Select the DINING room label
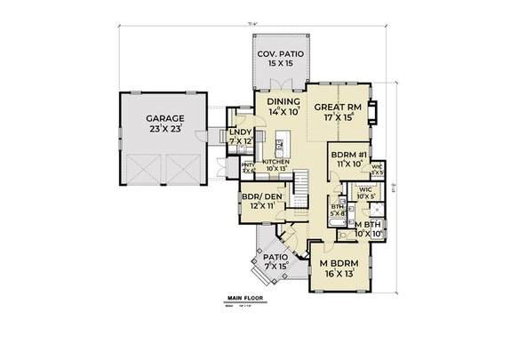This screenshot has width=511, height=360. (285, 102)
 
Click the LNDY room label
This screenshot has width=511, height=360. (241, 132)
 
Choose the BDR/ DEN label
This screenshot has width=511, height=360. (259, 198)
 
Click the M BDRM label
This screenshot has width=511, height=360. (339, 265)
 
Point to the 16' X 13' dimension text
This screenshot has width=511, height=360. (339, 276)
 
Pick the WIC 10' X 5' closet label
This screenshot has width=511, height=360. (364, 193)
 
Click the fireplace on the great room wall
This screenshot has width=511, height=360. (374, 112)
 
